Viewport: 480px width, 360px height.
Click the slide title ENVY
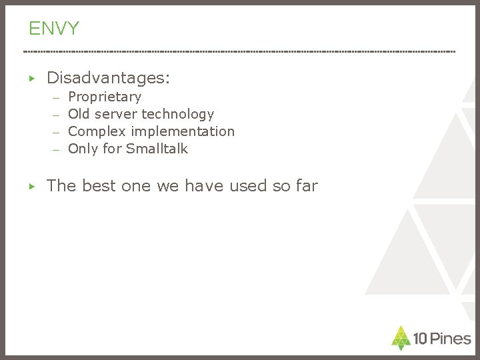click(53, 28)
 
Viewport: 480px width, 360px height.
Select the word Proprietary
click(105, 97)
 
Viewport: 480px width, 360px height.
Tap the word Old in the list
click(79, 114)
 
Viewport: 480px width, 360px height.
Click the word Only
click(83, 149)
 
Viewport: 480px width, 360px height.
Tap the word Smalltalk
click(157, 149)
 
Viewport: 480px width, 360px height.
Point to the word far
click(305, 186)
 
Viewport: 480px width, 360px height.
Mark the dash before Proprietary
click(57, 99)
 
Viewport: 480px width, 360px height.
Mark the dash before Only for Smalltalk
click(57, 150)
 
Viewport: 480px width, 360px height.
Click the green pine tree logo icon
click(401, 337)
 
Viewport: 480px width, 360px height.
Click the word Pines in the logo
click(450, 339)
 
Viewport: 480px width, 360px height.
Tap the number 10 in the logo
click(420, 339)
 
